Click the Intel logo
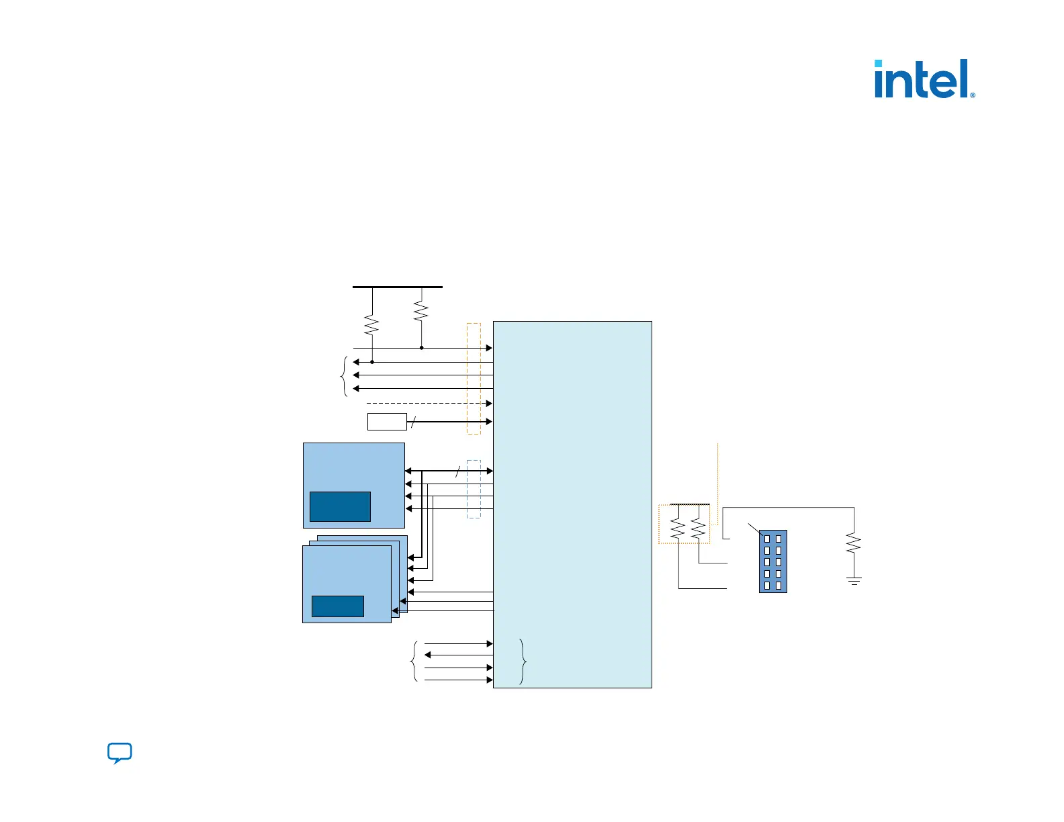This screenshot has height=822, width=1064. coord(924,79)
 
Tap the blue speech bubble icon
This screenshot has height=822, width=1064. coord(120,753)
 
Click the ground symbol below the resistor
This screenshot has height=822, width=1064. coord(854,581)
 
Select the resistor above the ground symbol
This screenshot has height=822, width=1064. coord(854,543)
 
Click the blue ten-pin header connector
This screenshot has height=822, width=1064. coord(772,561)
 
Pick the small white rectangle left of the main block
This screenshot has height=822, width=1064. coord(387,422)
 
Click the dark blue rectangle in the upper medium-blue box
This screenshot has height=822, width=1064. coord(340,506)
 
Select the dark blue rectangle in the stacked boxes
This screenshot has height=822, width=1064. coord(338,606)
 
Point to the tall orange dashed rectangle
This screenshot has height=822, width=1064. coord(474,379)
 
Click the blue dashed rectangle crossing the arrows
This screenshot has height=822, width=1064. coord(474,489)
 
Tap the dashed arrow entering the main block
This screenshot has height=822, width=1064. coord(430,403)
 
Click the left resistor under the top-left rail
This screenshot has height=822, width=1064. coord(371,326)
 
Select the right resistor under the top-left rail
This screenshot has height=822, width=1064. coord(421,312)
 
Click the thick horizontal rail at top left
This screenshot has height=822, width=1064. coord(398,287)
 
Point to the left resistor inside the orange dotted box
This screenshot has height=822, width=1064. coord(678,529)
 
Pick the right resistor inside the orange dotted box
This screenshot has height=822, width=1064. coord(699,529)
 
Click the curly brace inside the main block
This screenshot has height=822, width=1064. coord(523,661)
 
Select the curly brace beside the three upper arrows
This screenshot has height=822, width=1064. coord(345,376)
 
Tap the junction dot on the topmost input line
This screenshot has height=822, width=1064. coord(421,348)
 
